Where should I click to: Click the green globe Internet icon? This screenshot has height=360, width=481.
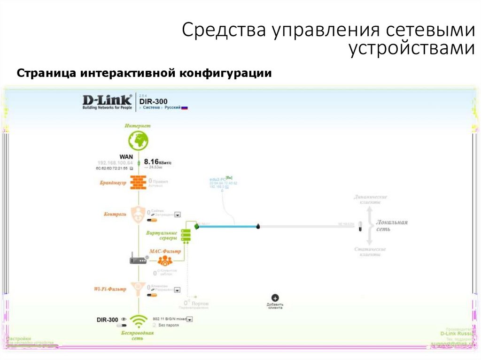coord(138,140)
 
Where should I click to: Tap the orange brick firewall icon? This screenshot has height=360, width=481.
coord(138,183)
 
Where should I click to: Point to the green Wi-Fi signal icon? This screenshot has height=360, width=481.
coord(139,321)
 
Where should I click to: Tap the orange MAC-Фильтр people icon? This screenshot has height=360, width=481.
coord(165,261)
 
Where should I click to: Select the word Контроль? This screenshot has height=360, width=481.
coord(115,214)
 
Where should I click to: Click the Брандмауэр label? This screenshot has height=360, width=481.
coord(113,184)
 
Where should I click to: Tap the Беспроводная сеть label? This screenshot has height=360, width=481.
coord(138,335)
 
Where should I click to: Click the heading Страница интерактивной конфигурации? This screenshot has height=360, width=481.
coord(145,74)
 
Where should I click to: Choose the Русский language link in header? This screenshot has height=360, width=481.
coord(172,107)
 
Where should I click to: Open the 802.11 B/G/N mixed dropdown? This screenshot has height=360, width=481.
coord(190,319)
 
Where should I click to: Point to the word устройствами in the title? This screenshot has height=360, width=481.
coord(411,48)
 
